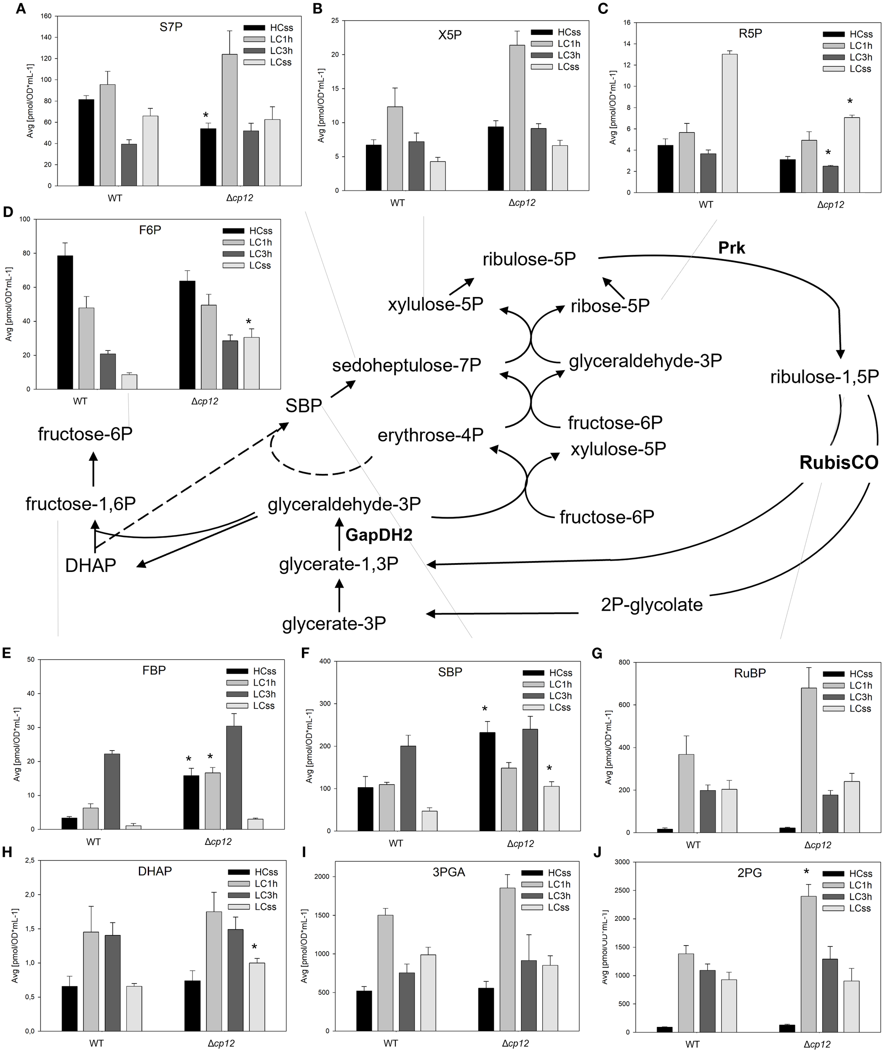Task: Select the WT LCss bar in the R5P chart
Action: (730, 123)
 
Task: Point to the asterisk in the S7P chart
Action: (206, 116)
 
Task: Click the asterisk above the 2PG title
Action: (806, 872)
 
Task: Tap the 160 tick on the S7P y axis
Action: (46, 16)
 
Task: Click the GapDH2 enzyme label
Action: (379, 535)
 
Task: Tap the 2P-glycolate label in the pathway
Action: (651, 604)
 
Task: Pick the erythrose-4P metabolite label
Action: (430, 435)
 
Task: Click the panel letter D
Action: (8, 212)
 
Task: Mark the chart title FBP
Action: (154, 671)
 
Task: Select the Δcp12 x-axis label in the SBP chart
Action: (520, 843)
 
